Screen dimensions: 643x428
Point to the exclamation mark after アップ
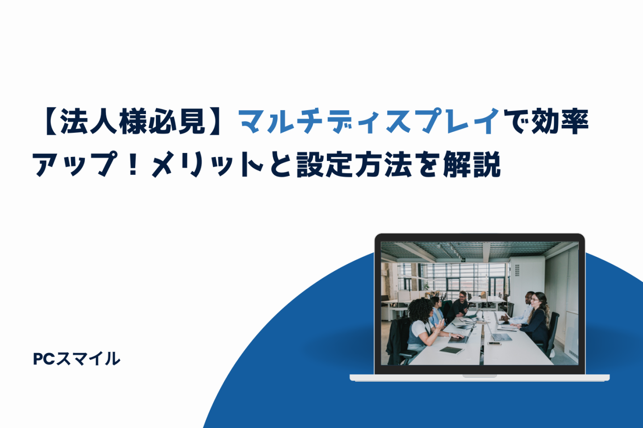click(133, 164)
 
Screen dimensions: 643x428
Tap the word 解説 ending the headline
click(472, 164)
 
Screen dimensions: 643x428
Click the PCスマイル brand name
click(76, 358)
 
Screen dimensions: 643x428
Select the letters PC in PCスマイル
click(44, 359)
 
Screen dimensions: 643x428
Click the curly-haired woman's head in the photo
click(421, 311)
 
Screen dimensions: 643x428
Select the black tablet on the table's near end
click(451, 350)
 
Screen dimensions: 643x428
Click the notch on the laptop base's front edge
click(480, 376)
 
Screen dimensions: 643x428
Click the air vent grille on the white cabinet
click(517, 270)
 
